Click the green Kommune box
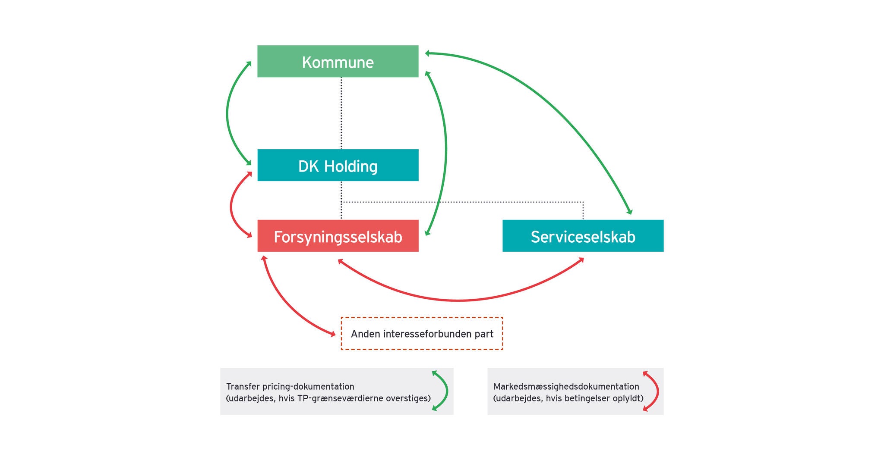point(338,61)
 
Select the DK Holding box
point(338,165)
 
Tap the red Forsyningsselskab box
point(338,236)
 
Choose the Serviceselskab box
point(583,236)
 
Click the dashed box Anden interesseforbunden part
point(422,334)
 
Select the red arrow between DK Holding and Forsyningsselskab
point(231,205)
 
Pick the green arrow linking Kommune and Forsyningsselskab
point(445,151)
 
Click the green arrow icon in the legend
point(446,391)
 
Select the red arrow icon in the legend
point(657,391)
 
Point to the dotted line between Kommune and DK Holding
point(341,113)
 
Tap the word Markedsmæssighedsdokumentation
point(566,387)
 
